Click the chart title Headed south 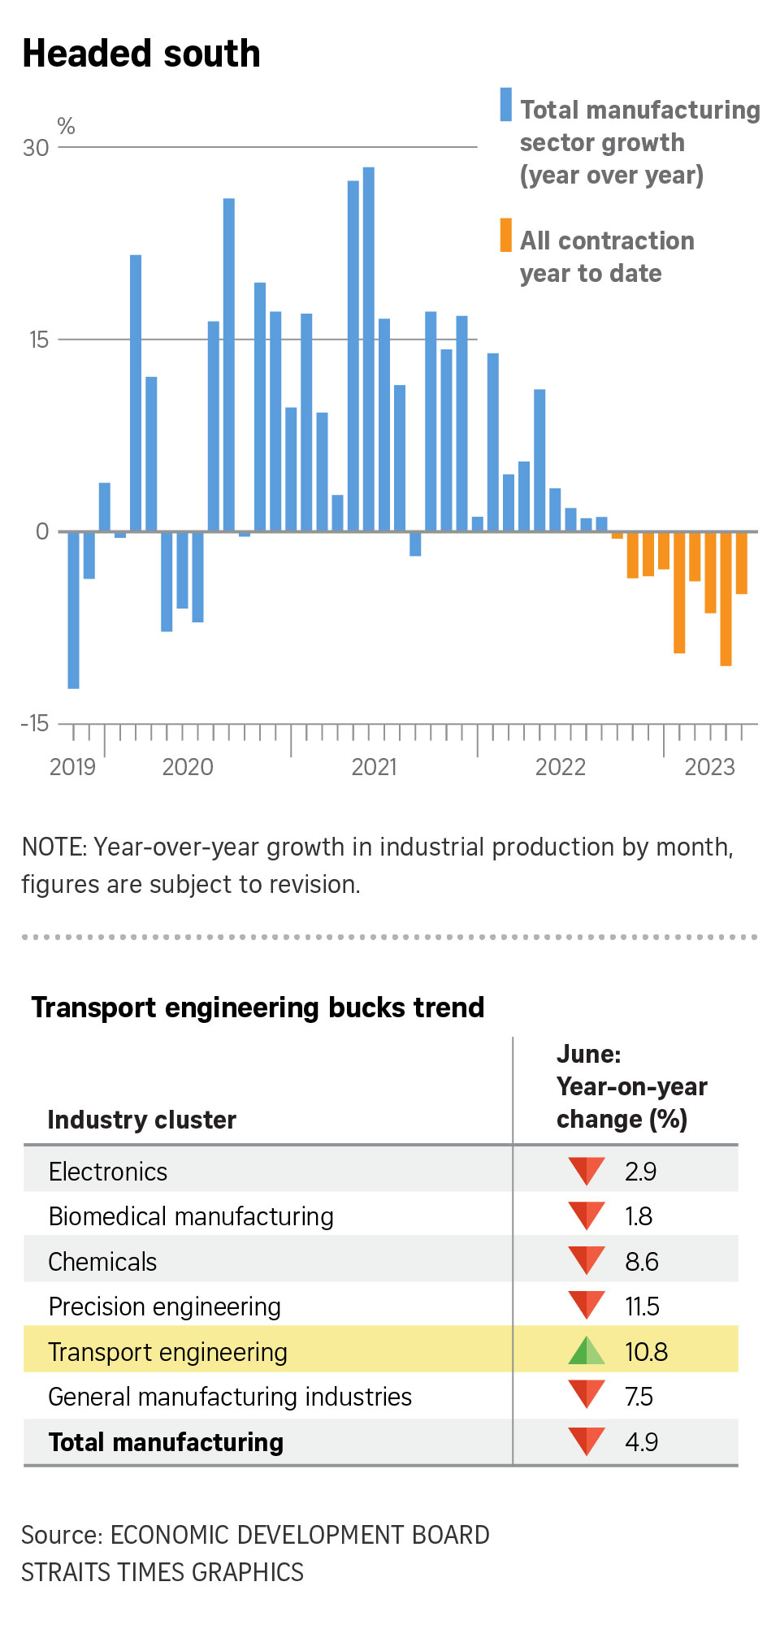[141, 54]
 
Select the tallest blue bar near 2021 [368, 349]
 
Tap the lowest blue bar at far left [73, 609]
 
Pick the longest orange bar [726, 599]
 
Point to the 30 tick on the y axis [36, 148]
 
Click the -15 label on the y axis [35, 723]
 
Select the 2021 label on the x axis [374, 767]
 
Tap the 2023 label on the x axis [709, 767]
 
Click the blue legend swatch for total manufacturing [505, 105]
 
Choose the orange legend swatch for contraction [505, 235]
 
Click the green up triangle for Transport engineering [586, 1351]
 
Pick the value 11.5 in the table [642, 1306]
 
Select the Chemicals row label [102, 1262]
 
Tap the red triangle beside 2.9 [586, 1170]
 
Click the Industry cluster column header [141, 1120]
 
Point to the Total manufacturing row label [166, 1442]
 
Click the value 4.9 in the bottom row [641, 1442]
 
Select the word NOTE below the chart [54, 847]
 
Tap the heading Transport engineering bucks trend [258, 1007]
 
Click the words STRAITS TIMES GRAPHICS [162, 1572]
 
